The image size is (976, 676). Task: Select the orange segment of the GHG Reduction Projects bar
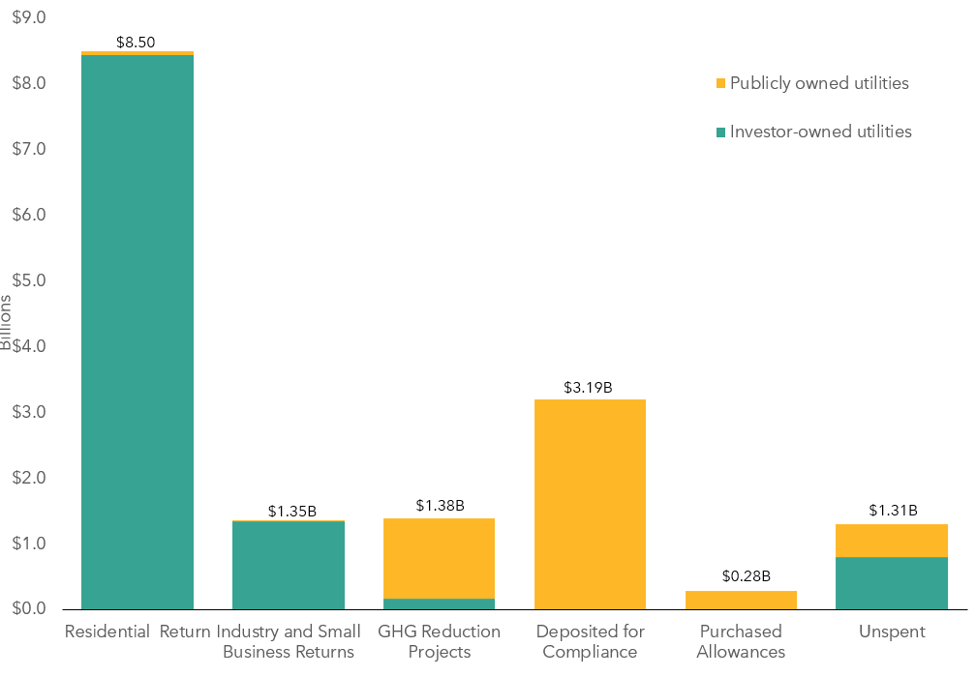(x=439, y=558)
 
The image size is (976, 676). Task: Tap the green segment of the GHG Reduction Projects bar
(x=439, y=603)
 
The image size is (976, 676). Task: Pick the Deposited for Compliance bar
(x=590, y=504)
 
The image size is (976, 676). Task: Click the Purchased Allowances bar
(x=741, y=600)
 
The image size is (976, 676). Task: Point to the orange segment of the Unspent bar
(x=891, y=541)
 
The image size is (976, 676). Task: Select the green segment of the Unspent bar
(x=891, y=583)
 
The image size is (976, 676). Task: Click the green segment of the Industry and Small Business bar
(x=289, y=565)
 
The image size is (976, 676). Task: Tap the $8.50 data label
(x=136, y=43)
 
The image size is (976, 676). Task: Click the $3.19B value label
(x=588, y=388)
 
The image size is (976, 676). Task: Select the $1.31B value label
(x=893, y=511)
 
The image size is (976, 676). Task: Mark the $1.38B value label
(x=441, y=505)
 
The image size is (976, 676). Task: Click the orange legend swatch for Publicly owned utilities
(x=719, y=84)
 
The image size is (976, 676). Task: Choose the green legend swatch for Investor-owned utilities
(x=719, y=132)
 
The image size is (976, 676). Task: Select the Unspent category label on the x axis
(x=892, y=632)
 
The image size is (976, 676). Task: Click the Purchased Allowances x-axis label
(x=741, y=641)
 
